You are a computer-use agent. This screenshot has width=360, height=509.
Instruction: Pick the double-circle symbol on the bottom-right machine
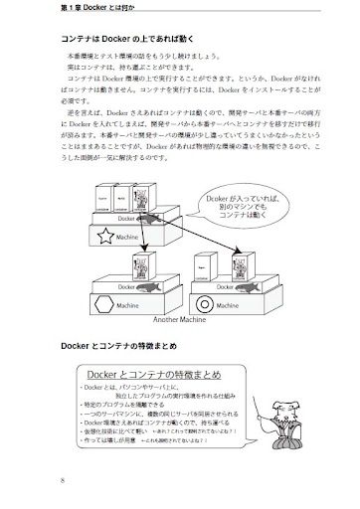coord(205,305)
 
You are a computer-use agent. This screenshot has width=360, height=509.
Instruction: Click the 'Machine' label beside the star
coord(126,238)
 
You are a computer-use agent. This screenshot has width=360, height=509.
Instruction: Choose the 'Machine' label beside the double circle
coord(238,306)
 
